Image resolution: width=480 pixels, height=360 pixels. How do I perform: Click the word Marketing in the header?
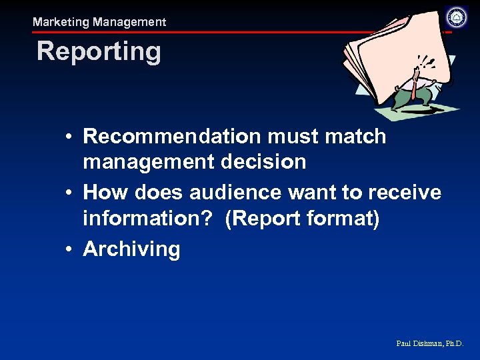point(61,22)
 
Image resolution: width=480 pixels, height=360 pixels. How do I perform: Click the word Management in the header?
point(129,22)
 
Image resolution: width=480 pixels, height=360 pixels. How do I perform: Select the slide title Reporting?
point(99,51)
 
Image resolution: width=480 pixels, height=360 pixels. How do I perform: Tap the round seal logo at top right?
point(457,17)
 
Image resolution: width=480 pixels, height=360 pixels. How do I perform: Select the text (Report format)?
point(303,218)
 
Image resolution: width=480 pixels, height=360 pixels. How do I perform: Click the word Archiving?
point(131,249)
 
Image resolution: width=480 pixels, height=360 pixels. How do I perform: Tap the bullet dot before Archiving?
point(69,249)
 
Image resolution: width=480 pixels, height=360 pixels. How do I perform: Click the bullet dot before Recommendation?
point(69,137)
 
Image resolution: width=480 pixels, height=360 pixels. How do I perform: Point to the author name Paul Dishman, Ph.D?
point(429,344)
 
